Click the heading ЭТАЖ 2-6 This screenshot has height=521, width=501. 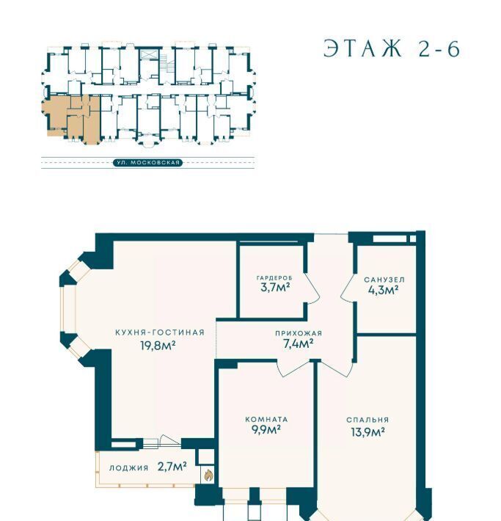pos(392,49)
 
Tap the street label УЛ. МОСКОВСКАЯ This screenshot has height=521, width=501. pos(148,162)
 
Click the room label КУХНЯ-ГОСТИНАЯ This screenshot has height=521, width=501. pos(160,332)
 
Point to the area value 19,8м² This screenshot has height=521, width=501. pos(158,346)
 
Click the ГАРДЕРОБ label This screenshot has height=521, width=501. pos(275,277)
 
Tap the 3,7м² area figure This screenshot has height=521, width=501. pos(275,287)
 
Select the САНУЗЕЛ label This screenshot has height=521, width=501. pos(384,280)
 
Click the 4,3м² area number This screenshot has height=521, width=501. pos(384,290)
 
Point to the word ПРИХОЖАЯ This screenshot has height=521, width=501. pos(299,333)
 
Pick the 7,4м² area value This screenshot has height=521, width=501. pos(298,343)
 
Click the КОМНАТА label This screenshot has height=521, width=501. pos(266,420)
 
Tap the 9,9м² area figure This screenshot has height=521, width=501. pos(266,429)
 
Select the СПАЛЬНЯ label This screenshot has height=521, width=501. pos(367,420)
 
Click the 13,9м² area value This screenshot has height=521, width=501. pos(368,432)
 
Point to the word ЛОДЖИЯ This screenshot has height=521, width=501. pos(129,468)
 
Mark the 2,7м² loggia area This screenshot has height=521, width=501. pos(172,467)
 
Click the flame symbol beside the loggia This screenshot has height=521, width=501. pos(208,476)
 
